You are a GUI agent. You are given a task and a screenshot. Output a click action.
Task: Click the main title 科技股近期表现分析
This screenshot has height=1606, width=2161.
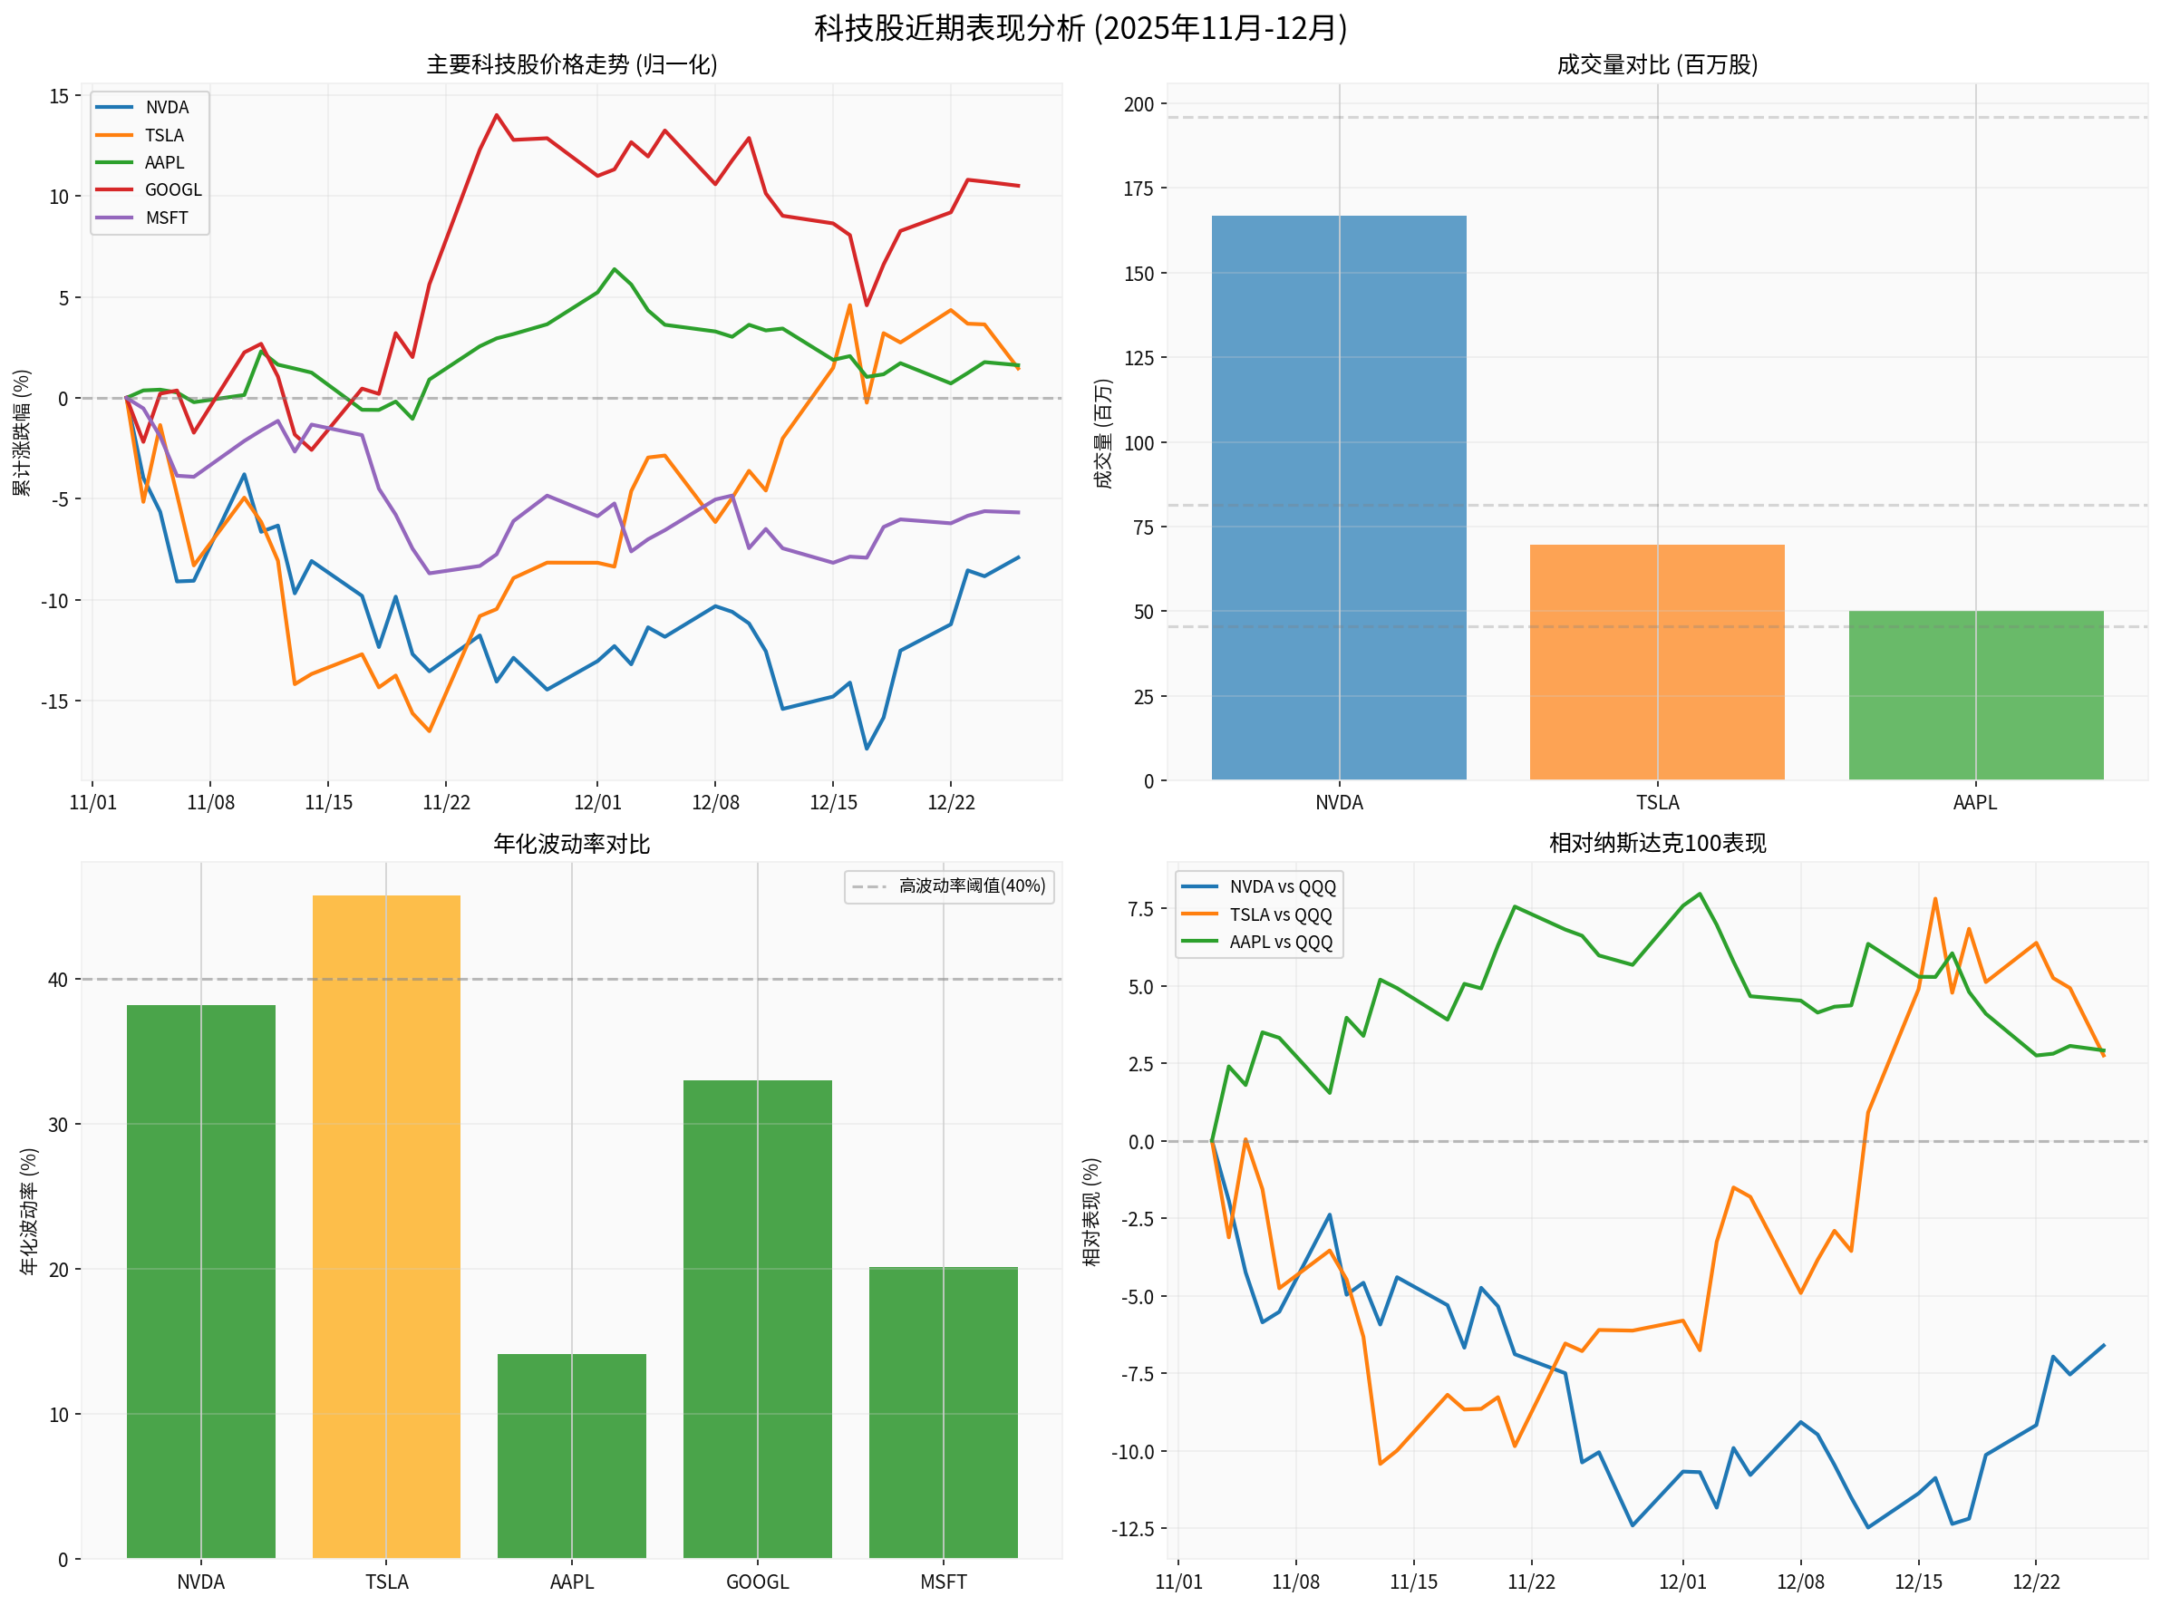[x=1079, y=27]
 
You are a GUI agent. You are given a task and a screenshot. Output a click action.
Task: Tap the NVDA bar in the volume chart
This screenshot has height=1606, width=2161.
[x=1338, y=497]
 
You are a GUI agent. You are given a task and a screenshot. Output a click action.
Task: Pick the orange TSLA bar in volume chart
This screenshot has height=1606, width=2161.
[x=1655, y=661]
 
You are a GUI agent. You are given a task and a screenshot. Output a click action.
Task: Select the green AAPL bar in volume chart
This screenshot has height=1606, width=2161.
[x=1974, y=694]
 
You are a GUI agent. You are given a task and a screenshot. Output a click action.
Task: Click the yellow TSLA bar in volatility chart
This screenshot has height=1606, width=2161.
[x=386, y=1225]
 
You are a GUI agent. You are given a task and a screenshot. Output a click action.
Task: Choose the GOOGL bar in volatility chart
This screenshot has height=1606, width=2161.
[x=757, y=1317]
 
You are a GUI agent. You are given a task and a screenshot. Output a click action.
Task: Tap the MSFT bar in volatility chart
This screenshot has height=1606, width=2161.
[x=942, y=1410]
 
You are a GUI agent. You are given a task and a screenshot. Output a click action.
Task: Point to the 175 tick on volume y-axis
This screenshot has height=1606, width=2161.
[x=1138, y=189]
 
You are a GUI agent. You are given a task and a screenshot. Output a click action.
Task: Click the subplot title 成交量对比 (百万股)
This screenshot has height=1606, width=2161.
[x=1655, y=64]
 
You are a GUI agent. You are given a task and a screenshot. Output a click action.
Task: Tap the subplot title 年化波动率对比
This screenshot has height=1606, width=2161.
[x=571, y=843]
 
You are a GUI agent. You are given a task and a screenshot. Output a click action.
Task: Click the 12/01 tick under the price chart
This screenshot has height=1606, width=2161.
[x=596, y=802]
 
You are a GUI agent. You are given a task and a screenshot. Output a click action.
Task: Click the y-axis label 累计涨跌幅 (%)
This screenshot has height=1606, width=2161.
[x=22, y=431]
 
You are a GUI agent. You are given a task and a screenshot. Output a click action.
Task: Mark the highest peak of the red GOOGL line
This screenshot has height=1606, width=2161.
[x=497, y=115]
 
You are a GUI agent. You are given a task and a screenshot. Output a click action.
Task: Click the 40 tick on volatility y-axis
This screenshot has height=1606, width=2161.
[x=57, y=980]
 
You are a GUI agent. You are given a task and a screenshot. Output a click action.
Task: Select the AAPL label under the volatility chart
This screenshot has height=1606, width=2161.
[x=571, y=1582]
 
